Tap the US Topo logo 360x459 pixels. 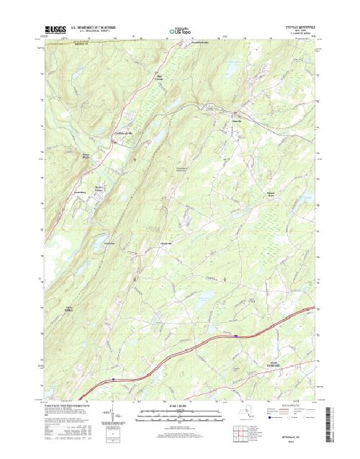coord(179,32)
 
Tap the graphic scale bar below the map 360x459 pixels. coord(179,414)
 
